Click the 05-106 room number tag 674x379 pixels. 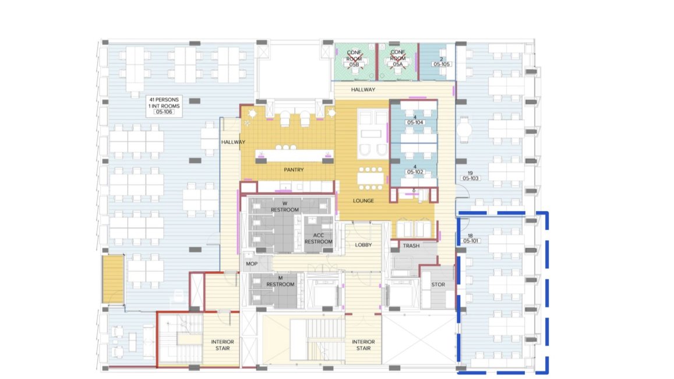(x=164, y=112)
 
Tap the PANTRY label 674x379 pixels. (x=294, y=170)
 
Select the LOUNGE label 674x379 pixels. (x=364, y=201)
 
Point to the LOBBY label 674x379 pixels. (x=364, y=245)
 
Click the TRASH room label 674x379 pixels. (x=411, y=245)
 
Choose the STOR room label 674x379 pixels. (x=438, y=285)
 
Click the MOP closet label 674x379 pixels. (x=252, y=264)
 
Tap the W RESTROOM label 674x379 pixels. (x=284, y=206)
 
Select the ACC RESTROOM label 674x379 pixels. (x=319, y=238)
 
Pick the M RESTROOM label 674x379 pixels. (x=280, y=282)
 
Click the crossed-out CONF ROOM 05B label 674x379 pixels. (x=354, y=58)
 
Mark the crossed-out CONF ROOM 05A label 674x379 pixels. (x=398, y=58)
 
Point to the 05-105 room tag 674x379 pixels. (x=442, y=64)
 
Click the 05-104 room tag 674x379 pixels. (x=415, y=122)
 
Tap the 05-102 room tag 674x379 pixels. (x=415, y=172)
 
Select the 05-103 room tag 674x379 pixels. (x=471, y=178)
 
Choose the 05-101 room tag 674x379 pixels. (x=471, y=241)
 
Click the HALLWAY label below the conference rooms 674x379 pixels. (x=364, y=89)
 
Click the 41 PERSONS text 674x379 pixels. (x=164, y=99)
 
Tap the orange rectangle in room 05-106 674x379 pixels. (x=113, y=279)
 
